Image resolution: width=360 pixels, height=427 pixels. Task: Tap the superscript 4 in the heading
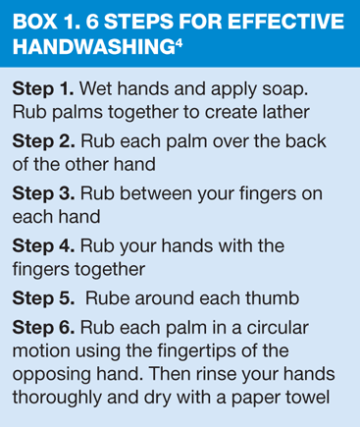coord(179,43)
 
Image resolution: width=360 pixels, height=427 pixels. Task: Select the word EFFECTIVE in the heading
coord(285,22)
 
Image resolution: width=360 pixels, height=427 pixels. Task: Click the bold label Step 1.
coord(43,89)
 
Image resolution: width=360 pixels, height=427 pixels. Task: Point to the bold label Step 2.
coord(43,141)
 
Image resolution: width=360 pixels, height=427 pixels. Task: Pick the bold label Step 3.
coord(43,193)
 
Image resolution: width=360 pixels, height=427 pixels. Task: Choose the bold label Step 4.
coord(43,246)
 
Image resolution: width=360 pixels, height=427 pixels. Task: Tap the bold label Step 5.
coord(43,298)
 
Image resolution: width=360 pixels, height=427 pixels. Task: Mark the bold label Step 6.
coord(43,328)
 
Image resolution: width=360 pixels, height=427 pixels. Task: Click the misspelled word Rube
coord(107,298)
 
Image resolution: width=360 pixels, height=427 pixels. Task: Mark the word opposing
coord(51,375)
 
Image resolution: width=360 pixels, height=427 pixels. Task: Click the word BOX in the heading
coord(33,22)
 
